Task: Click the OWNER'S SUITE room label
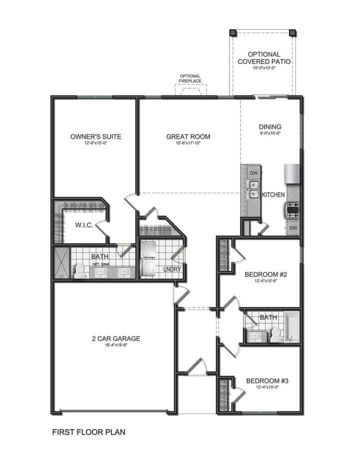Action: (95, 136)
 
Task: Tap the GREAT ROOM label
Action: (188, 136)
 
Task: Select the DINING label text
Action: (270, 127)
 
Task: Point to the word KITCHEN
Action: (273, 194)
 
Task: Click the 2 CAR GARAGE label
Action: (116, 338)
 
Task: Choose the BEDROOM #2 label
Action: (265, 274)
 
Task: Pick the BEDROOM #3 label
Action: (267, 380)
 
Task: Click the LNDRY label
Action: (171, 270)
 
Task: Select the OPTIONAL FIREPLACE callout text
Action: (190, 79)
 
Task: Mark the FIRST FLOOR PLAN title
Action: (89, 431)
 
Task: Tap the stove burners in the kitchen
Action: (292, 209)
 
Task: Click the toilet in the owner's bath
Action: (79, 271)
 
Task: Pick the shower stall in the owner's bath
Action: (61, 263)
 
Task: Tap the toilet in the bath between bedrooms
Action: (275, 334)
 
